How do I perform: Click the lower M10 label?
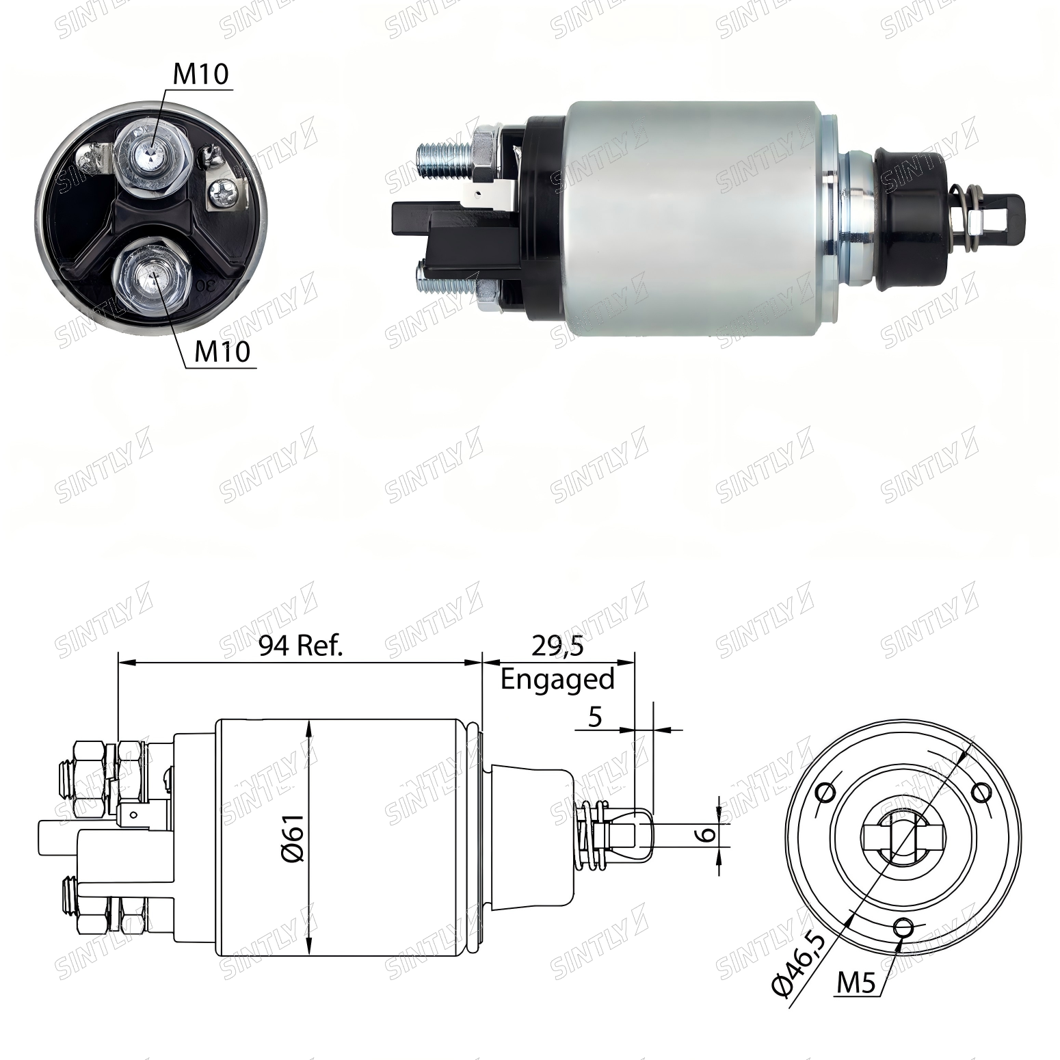tap(223, 352)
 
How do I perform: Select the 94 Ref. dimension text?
tap(300, 645)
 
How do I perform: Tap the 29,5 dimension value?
tap(558, 645)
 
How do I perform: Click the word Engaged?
tap(558, 679)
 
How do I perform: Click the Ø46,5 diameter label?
tap(797, 961)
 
